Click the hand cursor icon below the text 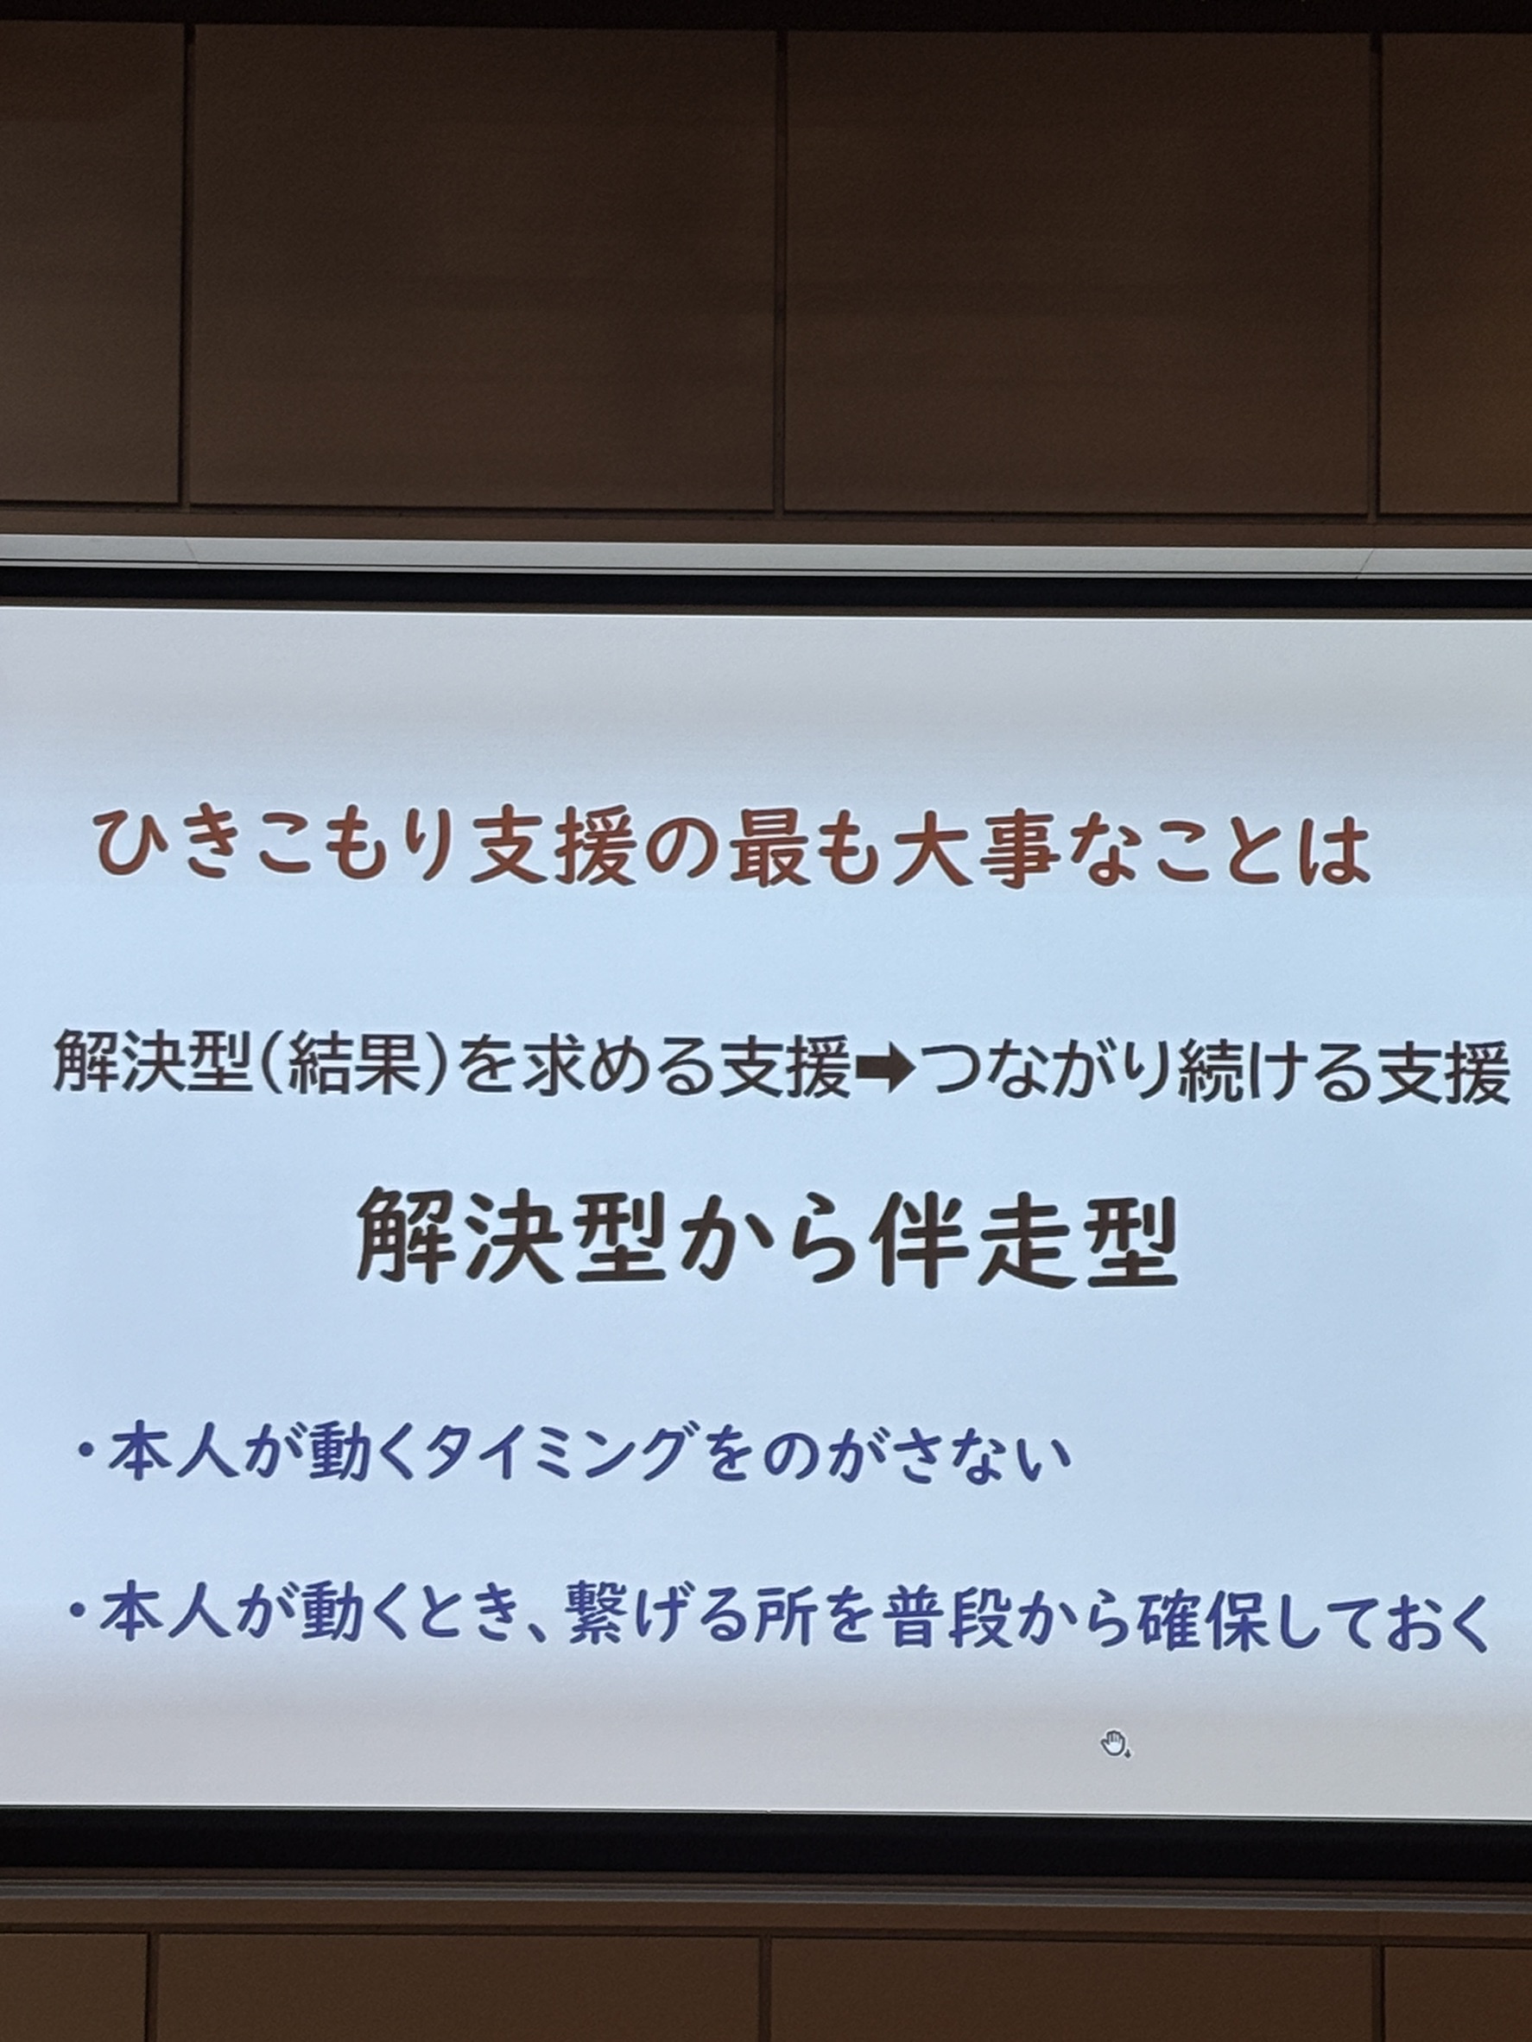coord(1115,1742)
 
